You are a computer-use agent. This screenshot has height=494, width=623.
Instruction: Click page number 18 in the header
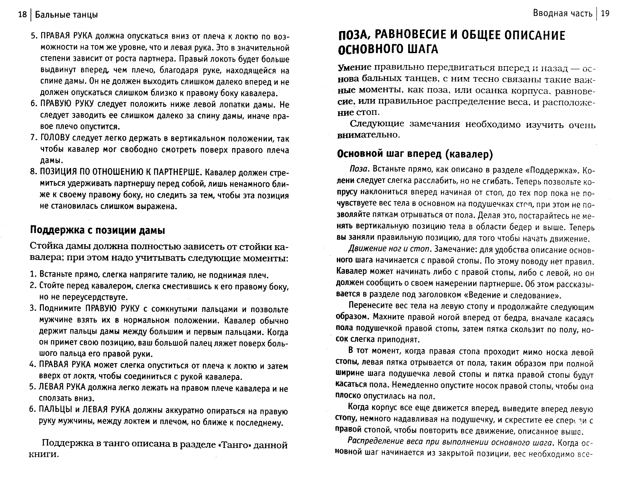pyautogui.click(x=22, y=14)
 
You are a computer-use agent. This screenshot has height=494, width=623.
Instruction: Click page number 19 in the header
pyautogui.click(x=605, y=14)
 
